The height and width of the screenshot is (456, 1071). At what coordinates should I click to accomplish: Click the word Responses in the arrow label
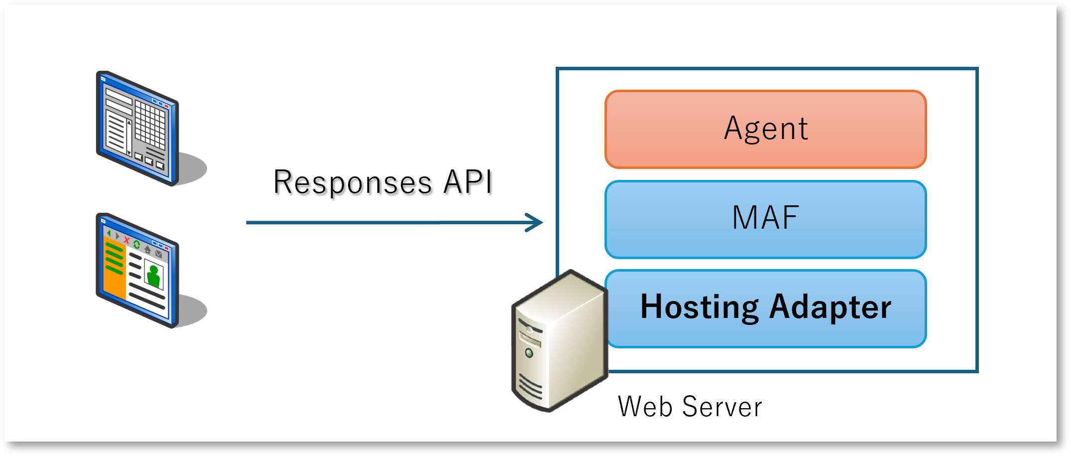tap(353, 182)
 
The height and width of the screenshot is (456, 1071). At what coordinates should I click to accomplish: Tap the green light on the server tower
tap(529, 353)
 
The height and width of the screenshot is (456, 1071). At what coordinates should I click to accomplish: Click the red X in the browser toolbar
tap(126, 241)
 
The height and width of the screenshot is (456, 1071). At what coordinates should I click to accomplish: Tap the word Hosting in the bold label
tap(699, 307)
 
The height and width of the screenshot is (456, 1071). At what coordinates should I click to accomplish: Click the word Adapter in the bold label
tap(830, 307)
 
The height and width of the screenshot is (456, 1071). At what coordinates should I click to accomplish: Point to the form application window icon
tap(137, 129)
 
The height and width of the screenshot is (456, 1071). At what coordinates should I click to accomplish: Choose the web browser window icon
tap(137, 271)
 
